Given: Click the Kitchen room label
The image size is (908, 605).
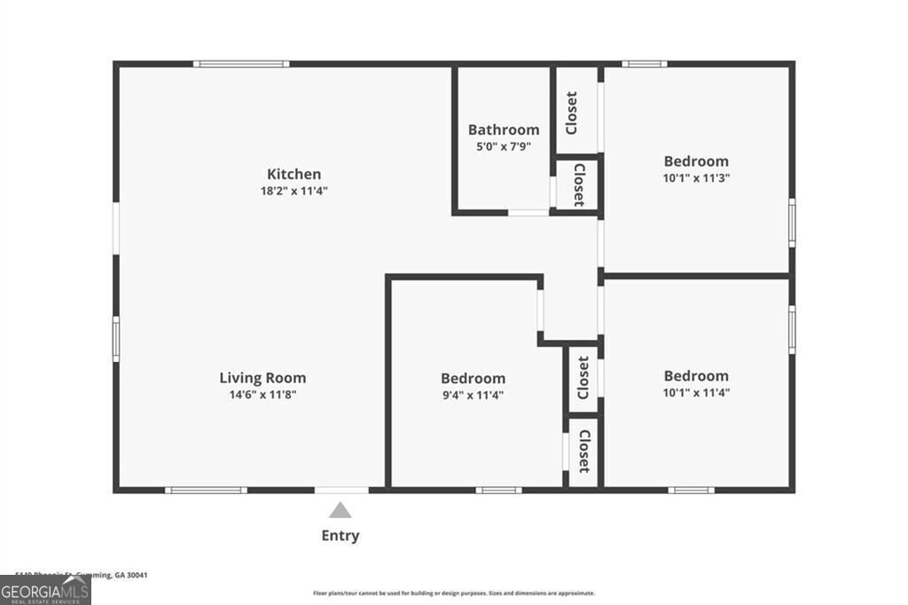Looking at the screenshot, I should pyautogui.click(x=294, y=174).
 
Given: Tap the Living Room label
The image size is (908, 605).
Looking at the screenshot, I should pyautogui.click(x=262, y=378).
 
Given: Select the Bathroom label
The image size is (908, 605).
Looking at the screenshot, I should pyautogui.click(x=504, y=130).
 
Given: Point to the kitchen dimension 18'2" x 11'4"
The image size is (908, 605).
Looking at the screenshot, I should pyautogui.click(x=294, y=191).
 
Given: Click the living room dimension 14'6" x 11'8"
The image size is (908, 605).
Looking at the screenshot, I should pyautogui.click(x=262, y=395).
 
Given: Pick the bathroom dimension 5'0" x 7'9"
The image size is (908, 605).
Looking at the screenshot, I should pyautogui.click(x=504, y=145).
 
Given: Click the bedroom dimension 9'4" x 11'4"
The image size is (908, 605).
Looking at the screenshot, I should pyautogui.click(x=474, y=395).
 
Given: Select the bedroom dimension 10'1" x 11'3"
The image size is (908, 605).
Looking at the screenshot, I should pyautogui.click(x=696, y=177).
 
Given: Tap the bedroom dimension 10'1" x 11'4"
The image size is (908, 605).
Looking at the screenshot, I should pyautogui.click(x=696, y=392).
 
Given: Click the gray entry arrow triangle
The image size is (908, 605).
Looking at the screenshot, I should pyautogui.click(x=340, y=510).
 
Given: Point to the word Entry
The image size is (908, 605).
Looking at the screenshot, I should pyautogui.click(x=340, y=535).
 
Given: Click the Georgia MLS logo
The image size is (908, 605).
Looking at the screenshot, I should pyautogui.click(x=45, y=591).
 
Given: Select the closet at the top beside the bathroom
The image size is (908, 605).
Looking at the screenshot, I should pyautogui.click(x=573, y=113).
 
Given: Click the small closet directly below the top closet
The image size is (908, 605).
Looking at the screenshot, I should pyautogui.click(x=578, y=185).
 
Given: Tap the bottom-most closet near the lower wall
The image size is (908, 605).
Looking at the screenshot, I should pyautogui.click(x=584, y=451).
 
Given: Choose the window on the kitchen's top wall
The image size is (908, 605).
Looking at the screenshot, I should pyautogui.click(x=241, y=64).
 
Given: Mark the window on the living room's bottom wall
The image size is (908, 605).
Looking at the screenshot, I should pyautogui.click(x=206, y=490).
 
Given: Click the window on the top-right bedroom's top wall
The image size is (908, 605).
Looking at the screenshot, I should pyautogui.click(x=644, y=64).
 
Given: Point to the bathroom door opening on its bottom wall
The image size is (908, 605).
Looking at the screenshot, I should pyautogui.click(x=528, y=213).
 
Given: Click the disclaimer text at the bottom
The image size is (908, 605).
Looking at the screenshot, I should pyautogui.click(x=453, y=593).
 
